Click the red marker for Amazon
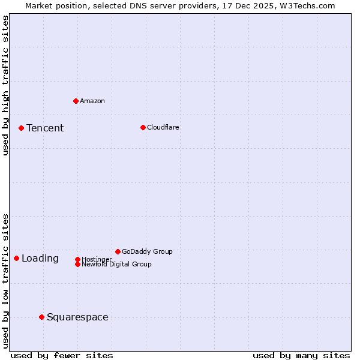pyautogui.click(x=76, y=101)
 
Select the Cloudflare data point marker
pyautogui.click(x=143, y=127)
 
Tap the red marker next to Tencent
pyautogui.click(x=21, y=128)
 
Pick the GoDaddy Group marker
pyautogui.click(x=118, y=251)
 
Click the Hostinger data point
pyautogui.click(x=77, y=259)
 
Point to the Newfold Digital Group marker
pyautogui.click(x=77, y=264)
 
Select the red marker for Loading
pyautogui.click(x=16, y=258)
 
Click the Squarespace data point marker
pyautogui.click(x=41, y=317)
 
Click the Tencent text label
pyautogui.click(x=45, y=128)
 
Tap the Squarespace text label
pyautogui.click(x=77, y=317)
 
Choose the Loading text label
pyautogui.click(x=40, y=259)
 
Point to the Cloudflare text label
pyautogui.click(x=163, y=127)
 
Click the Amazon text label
pyautogui.click(x=92, y=101)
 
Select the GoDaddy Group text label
pyautogui.click(x=147, y=251)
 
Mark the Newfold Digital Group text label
pyautogui.click(x=116, y=264)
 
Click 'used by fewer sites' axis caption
pyautogui.click(x=62, y=355)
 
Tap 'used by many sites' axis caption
pyautogui.click(x=301, y=355)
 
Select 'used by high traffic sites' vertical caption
pyautogui.click(x=5, y=85)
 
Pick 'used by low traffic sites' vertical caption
pyautogui.click(x=5, y=280)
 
